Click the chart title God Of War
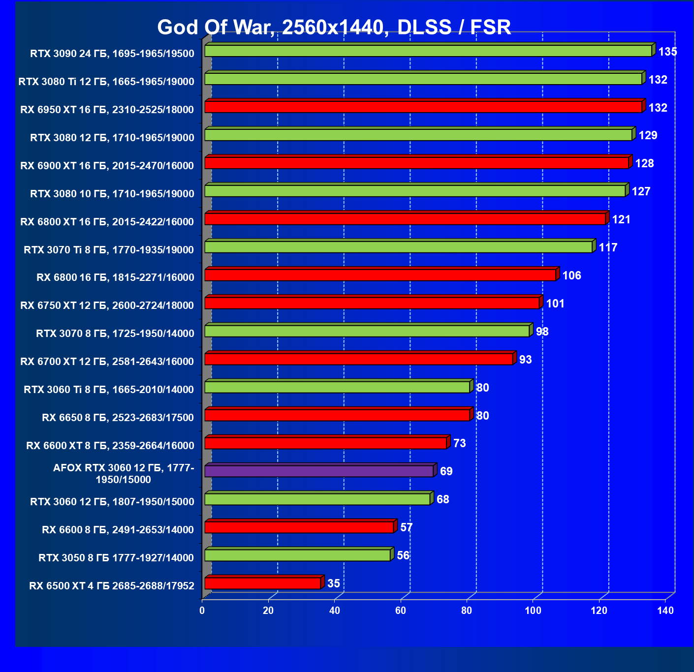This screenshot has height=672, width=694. pos(334,28)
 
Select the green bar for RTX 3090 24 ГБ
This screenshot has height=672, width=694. pos(428,51)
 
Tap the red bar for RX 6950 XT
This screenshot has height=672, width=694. pos(423,107)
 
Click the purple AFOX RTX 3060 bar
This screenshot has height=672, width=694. pos(319,471)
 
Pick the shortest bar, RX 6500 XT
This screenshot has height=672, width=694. pos(263,583)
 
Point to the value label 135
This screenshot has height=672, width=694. pos(667,52)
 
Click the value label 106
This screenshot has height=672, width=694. pos(571,275)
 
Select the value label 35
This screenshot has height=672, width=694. pos(333,583)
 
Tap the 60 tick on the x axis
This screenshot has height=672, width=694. pos(401,611)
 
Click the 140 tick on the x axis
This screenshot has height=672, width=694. pos(665,611)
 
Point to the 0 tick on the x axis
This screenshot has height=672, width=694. pos(202,611)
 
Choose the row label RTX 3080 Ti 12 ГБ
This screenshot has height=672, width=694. pos(106,82)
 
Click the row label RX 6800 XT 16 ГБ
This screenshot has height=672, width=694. pos(107,222)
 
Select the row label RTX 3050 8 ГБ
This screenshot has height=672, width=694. pos(116,558)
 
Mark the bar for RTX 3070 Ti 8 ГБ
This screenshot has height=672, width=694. pos(399,247)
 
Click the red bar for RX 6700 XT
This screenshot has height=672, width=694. pos(359,359)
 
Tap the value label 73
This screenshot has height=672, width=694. pos(459,444)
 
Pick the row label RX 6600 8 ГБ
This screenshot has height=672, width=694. pos(118,530)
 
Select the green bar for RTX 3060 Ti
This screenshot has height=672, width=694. pos(337,387)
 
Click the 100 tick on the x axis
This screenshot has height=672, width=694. pos(533,611)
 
